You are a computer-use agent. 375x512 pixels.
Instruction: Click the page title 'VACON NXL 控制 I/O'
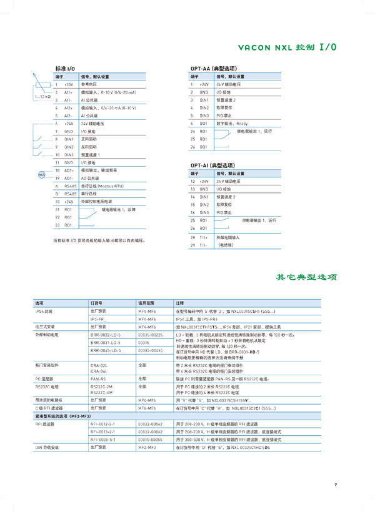click(287, 47)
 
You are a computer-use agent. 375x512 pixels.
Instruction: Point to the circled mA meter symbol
click(42, 175)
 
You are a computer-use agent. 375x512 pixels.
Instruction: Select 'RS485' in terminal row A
click(71, 186)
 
